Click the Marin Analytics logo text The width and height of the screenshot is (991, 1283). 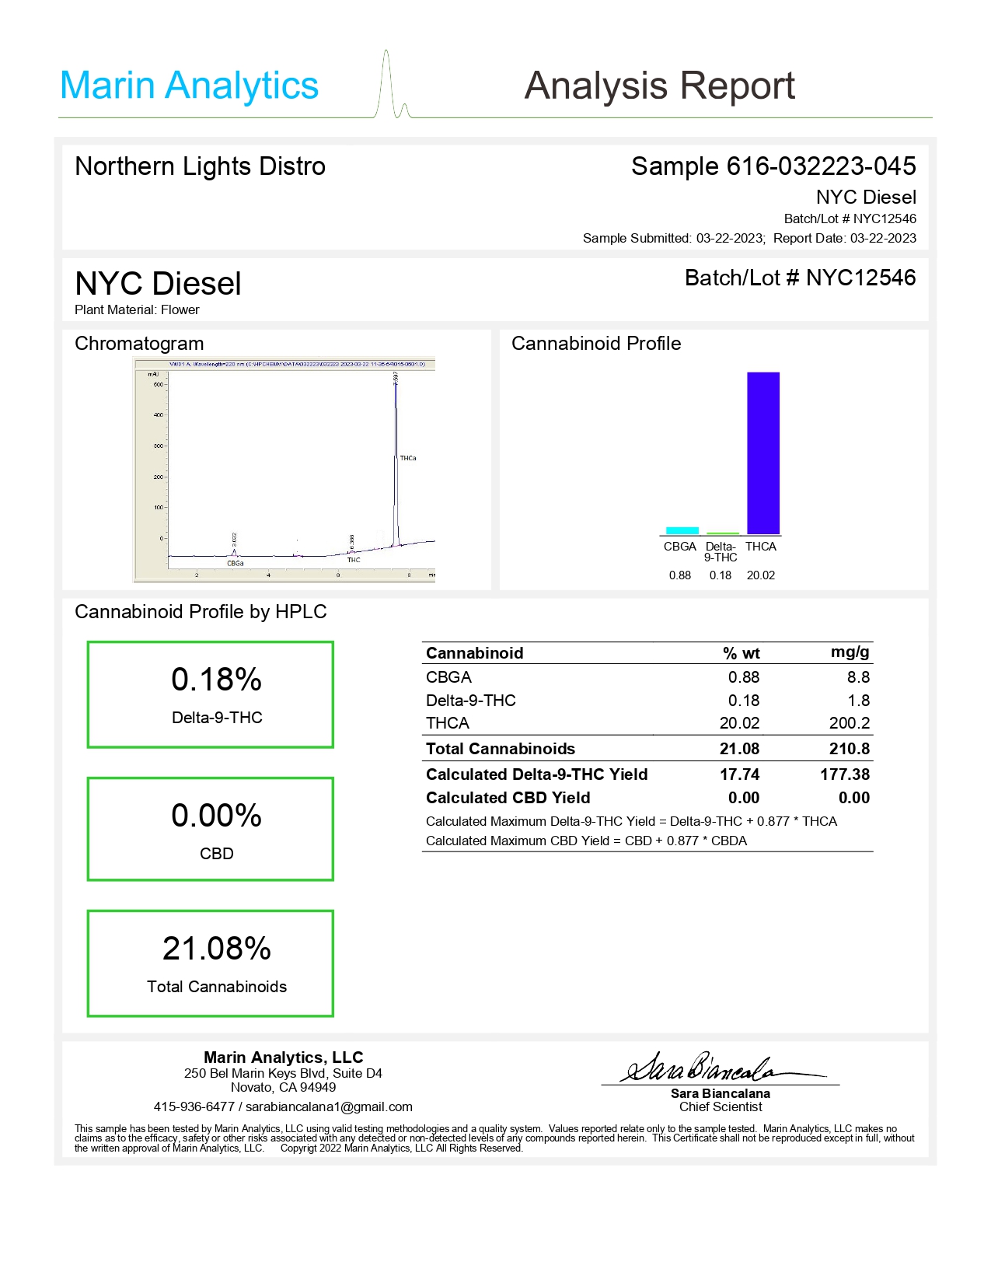coord(189,86)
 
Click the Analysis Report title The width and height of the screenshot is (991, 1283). coord(659,86)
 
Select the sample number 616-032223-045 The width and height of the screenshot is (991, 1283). coord(821,166)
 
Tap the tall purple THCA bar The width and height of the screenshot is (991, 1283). coord(762,453)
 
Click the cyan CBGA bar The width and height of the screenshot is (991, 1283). coord(682,531)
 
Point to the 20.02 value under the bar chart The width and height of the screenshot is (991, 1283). coord(760,575)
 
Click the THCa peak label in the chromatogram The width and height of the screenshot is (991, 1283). coord(408,458)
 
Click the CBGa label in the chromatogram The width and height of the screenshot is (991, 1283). coord(235,563)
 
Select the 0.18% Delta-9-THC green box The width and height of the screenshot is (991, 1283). coord(211,694)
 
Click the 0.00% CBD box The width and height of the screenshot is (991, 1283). coord(211,829)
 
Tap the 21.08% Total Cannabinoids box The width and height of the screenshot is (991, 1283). coord(211,963)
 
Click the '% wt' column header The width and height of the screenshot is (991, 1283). coord(741,653)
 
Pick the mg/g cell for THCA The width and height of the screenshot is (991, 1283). coord(849,723)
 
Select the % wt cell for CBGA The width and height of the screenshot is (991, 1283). coord(744,677)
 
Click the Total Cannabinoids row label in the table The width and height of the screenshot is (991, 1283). coord(501,749)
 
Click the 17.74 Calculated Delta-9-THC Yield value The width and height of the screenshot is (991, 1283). coord(739,774)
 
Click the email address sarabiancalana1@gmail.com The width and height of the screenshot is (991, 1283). coord(329,1106)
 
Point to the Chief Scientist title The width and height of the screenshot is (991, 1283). coord(721,1106)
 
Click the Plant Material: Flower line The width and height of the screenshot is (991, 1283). coord(137,309)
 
